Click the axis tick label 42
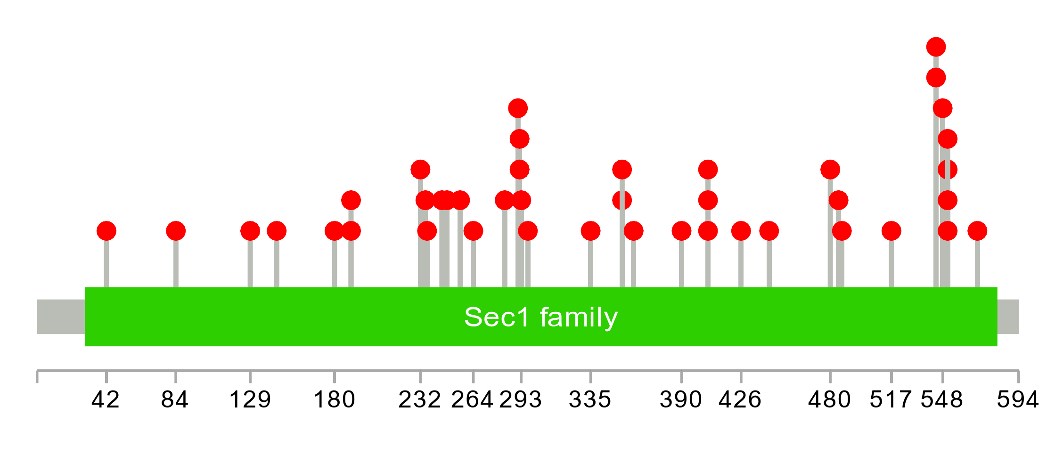(x=106, y=400)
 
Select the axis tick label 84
(x=175, y=400)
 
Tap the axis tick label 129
(x=250, y=400)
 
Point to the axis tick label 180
(x=334, y=400)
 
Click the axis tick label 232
(x=419, y=400)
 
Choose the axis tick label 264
(x=472, y=400)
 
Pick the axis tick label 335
(x=590, y=400)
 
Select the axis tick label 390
(x=681, y=400)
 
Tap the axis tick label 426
(x=740, y=400)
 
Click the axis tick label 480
(x=829, y=400)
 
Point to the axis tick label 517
(x=891, y=400)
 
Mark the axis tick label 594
(x=1018, y=400)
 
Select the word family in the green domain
(x=579, y=317)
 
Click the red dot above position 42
(x=106, y=231)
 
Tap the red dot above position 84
(x=176, y=231)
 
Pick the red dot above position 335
(x=590, y=231)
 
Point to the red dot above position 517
(x=891, y=231)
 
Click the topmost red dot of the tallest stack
(x=936, y=47)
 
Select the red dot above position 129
(x=250, y=231)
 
